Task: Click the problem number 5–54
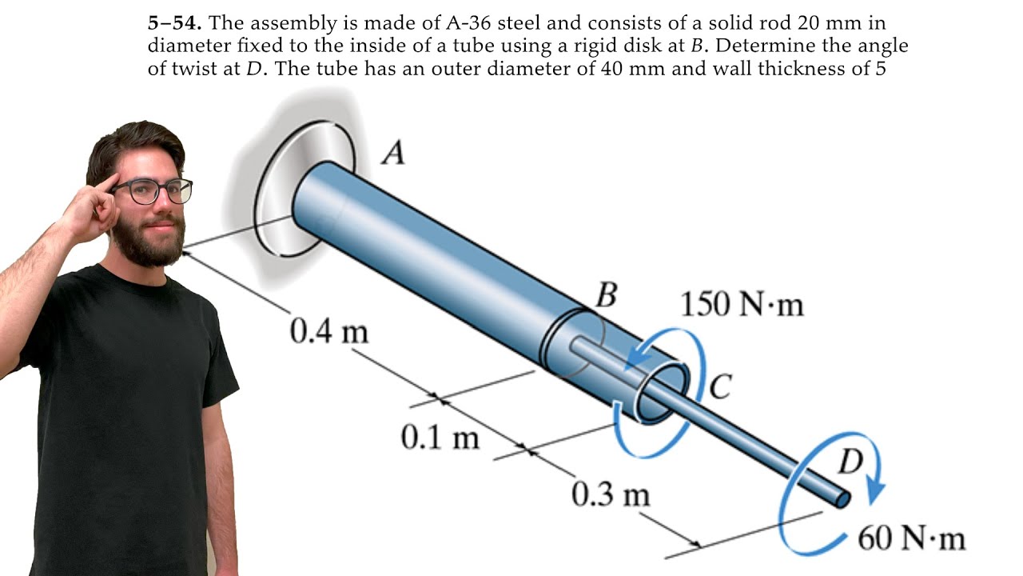coord(173,22)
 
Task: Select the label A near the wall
coord(392,151)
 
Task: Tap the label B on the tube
coord(607,296)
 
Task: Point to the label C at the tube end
coord(720,387)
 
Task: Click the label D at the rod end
coord(850,462)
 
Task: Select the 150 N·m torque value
coord(741,305)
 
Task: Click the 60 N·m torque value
coord(911,538)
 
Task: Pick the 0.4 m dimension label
coord(329,331)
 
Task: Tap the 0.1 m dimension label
coord(440,438)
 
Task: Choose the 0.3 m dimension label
coord(611,495)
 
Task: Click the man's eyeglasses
coord(153,191)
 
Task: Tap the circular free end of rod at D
coord(842,499)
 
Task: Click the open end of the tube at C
coord(663,393)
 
